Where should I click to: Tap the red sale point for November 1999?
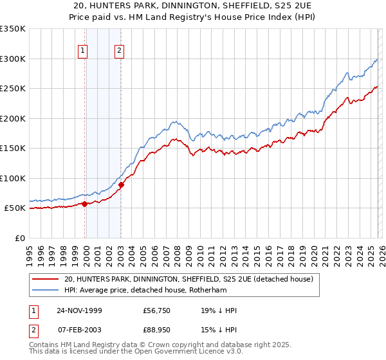tap(84, 204)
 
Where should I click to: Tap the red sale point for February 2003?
tap(121, 184)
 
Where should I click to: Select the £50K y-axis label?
tap(15, 208)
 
